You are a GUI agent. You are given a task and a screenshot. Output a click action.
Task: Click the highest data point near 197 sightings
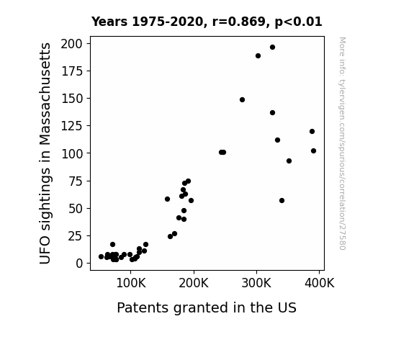[x=272, y=48]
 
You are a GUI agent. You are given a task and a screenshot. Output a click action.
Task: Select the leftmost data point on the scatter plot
[x=101, y=257]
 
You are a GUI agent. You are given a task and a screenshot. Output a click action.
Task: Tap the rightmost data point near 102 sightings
[x=313, y=150]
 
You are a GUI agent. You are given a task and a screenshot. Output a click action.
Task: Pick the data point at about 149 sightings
[x=242, y=100]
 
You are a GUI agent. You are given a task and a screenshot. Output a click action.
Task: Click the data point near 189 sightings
[x=258, y=56]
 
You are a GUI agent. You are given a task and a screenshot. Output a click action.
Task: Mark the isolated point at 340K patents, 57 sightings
[x=282, y=200]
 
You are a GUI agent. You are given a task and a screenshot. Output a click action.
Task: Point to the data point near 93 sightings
[x=289, y=161]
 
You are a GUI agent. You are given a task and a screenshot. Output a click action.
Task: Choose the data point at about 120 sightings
[x=312, y=131]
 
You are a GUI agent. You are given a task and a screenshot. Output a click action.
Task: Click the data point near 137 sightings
[x=272, y=113]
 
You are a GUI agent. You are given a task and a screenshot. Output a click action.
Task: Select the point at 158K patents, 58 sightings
[x=167, y=199]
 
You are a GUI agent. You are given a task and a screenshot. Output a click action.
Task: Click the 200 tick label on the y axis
[x=72, y=44]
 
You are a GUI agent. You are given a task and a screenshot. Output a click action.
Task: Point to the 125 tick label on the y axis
[x=72, y=126]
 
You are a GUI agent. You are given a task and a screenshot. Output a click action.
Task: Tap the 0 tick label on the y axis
[x=79, y=264]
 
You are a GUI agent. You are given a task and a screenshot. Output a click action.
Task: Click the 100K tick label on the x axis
[x=131, y=284]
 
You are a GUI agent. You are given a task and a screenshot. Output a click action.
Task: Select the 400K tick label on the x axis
[x=320, y=284]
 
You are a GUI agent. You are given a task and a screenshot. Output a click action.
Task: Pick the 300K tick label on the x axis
[x=256, y=284]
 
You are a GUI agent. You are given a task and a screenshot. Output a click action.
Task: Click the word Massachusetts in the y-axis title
[x=45, y=94]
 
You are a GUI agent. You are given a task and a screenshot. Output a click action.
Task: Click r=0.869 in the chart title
[x=239, y=22]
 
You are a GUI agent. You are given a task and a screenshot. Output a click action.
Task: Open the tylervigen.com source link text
[x=342, y=143]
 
